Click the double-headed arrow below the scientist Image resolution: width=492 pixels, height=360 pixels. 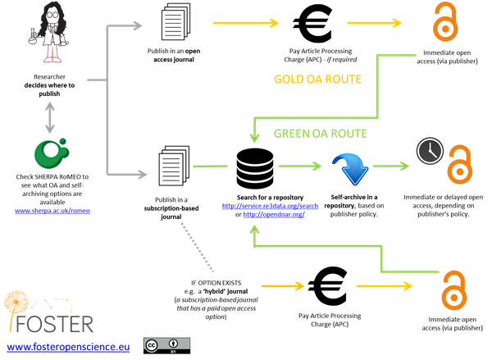49,116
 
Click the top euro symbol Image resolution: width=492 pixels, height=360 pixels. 312,25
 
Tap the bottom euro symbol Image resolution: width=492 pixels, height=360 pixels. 326,286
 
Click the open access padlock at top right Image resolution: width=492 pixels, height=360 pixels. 443,25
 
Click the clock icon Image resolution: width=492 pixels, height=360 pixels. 427,151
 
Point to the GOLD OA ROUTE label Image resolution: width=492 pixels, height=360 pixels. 317,80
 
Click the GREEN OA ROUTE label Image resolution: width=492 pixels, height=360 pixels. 319,132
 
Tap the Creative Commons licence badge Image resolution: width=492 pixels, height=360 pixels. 167,344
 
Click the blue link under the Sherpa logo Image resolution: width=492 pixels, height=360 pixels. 51,211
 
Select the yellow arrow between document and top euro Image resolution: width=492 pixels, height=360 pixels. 245,23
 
